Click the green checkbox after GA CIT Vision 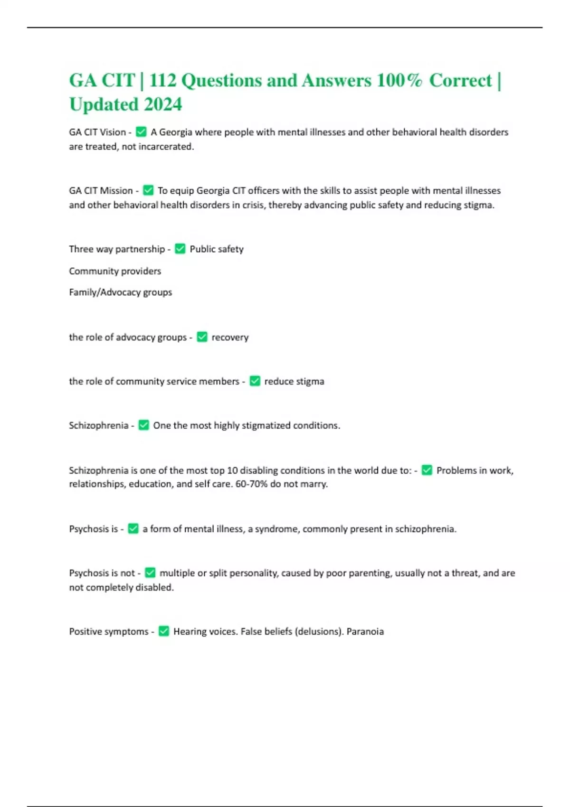(x=141, y=131)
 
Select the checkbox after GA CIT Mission (x=148, y=190)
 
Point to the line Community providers (x=115, y=271)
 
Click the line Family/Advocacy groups (x=120, y=292)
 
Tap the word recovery (x=230, y=338)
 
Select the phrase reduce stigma (x=294, y=382)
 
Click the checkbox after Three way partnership (x=180, y=248)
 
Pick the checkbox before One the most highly (x=143, y=425)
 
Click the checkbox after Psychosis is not (x=150, y=572)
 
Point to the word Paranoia (x=365, y=632)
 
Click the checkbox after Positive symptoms (x=163, y=631)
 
